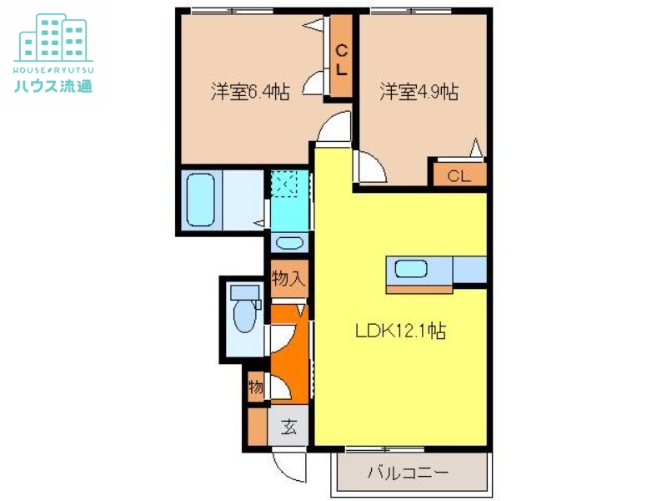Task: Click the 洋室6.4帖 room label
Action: tap(250, 92)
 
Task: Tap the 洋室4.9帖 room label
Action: tap(419, 92)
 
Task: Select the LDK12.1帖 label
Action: tap(400, 331)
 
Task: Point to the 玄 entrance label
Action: tap(288, 427)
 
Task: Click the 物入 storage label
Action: tap(288, 279)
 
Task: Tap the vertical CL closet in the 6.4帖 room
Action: tap(342, 59)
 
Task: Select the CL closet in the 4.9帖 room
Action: tap(458, 175)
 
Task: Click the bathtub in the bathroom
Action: tap(200, 200)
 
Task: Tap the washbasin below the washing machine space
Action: tap(289, 244)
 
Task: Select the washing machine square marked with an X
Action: tap(285, 183)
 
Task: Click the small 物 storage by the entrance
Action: tap(256, 387)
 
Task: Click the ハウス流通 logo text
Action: tap(53, 85)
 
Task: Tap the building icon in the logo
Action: tap(53, 38)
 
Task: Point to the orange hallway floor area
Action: tap(288, 351)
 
